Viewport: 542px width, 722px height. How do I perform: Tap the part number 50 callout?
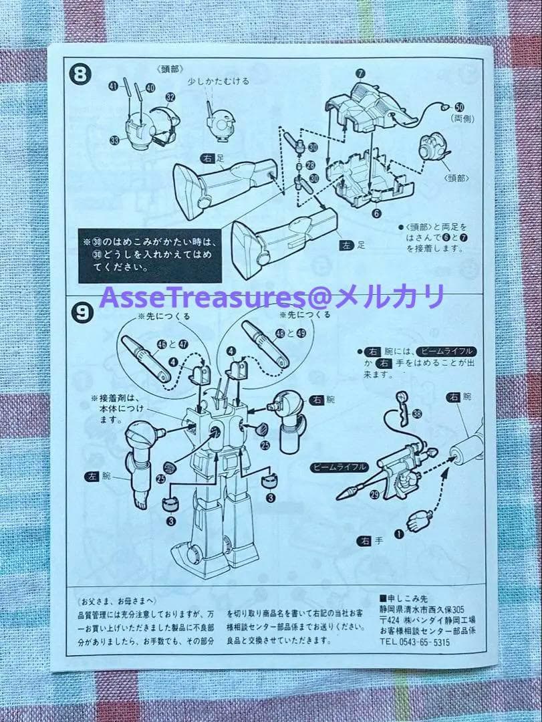[459, 106]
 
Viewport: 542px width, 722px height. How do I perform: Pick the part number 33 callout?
[115, 140]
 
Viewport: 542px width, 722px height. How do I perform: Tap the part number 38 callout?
[417, 414]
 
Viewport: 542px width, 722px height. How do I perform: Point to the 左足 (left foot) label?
[352, 246]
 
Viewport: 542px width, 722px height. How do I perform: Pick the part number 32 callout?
[170, 97]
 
